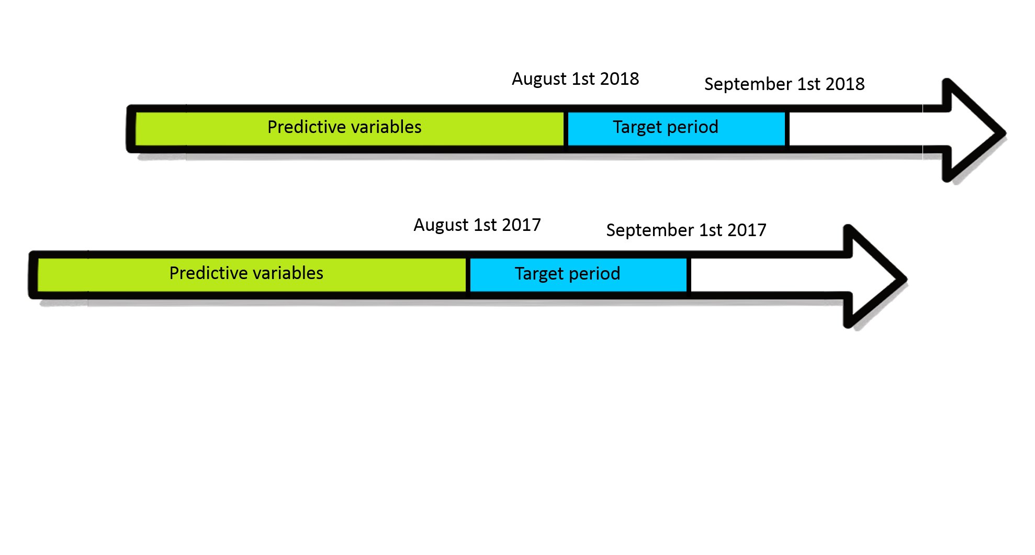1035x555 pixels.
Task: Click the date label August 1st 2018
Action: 575,79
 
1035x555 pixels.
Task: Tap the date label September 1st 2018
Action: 784,84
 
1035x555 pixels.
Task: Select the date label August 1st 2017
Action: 477,225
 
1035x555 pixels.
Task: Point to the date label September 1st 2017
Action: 686,230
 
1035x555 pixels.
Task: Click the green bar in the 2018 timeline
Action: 350,129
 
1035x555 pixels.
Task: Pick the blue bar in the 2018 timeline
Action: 677,129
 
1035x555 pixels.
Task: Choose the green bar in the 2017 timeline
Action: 252,275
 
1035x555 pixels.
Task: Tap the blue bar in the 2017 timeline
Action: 578,275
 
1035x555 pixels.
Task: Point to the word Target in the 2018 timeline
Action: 637,128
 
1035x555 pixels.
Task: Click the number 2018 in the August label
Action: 620,79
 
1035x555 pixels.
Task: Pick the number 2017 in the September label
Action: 747,230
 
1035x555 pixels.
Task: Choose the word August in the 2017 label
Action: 441,226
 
